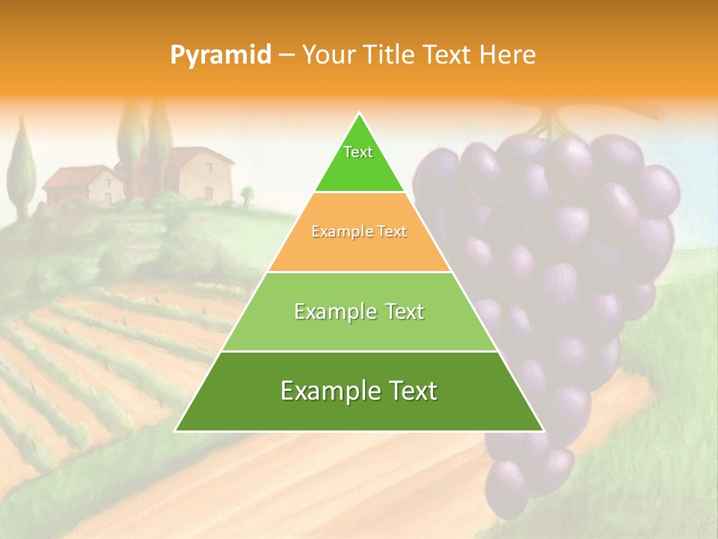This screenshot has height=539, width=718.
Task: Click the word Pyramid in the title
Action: point(221,55)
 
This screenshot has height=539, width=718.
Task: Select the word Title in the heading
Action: point(390,55)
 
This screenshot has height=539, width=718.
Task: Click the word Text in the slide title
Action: point(447,55)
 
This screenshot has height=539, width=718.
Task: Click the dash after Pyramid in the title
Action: point(286,55)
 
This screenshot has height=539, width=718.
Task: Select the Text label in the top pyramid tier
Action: point(358,152)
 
